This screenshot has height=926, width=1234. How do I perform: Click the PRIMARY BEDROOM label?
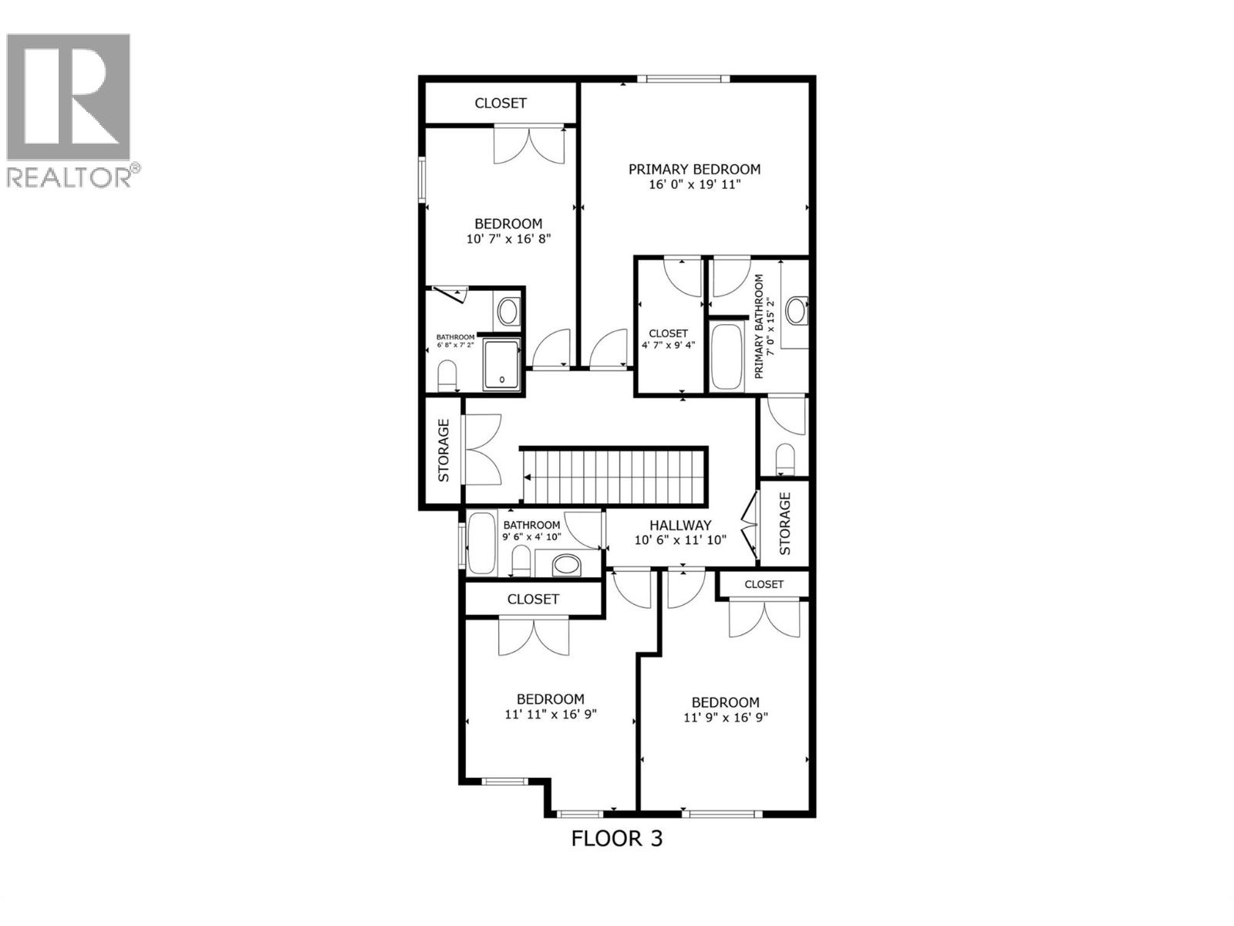pos(694,169)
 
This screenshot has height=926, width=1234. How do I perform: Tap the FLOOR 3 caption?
pos(616,838)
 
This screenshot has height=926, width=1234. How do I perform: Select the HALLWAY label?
pos(680,525)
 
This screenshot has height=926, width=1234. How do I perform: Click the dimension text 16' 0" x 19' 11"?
pos(694,185)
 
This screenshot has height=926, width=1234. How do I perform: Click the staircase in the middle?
pos(614,477)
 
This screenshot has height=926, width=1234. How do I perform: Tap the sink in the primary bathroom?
pos(795,311)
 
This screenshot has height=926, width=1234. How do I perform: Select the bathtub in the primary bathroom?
pos(725,357)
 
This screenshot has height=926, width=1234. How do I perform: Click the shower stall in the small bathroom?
pos(502,363)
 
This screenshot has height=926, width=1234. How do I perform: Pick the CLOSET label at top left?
pos(501,103)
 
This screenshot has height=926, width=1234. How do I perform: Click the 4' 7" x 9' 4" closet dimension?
pos(669,345)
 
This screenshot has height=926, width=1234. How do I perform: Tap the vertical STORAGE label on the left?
pos(443,461)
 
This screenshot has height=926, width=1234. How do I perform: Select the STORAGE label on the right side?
pos(785,524)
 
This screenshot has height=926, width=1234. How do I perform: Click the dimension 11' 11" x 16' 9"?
pos(551,715)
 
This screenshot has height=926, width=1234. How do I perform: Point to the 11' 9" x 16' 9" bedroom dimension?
pos(726,718)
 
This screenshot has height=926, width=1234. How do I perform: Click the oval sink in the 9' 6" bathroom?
pos(567,565)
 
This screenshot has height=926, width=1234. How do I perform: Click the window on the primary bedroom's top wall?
pos(683,78)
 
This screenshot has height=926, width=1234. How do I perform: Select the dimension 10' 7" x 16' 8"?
pos(508,239)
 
